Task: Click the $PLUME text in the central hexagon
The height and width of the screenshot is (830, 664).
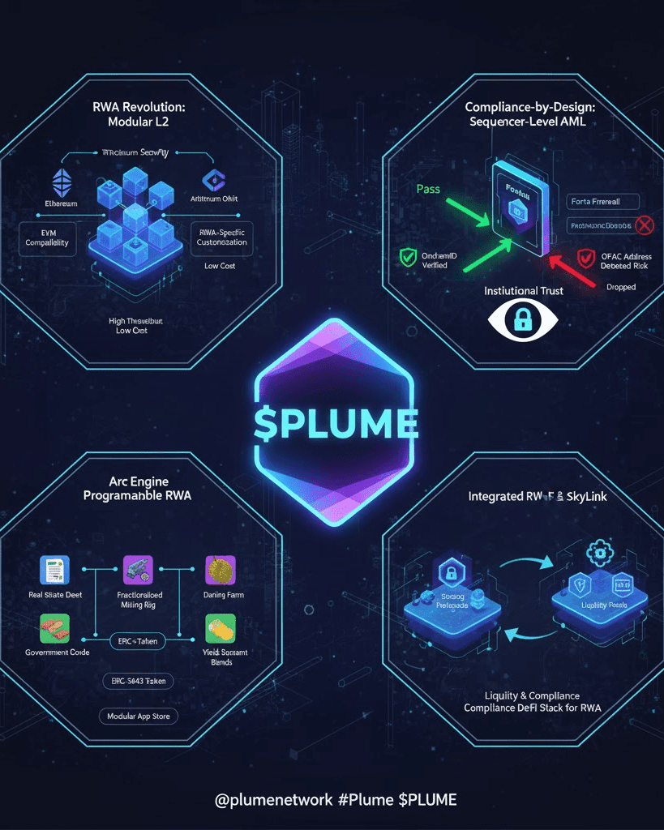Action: (335, 423)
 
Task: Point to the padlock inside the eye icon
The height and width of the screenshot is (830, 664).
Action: (521, 321)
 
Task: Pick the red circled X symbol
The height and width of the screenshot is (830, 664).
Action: (645, 225)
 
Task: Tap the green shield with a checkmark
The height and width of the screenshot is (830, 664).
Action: (408, 258)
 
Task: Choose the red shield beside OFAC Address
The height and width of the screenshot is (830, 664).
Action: (585, 259)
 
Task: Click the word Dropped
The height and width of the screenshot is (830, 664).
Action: (620, 287)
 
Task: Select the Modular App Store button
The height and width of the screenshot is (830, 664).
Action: (139, 717)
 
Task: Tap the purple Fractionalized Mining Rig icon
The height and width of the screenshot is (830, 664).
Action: (137, 571)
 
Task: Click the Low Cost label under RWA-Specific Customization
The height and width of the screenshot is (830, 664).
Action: (220, 266)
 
